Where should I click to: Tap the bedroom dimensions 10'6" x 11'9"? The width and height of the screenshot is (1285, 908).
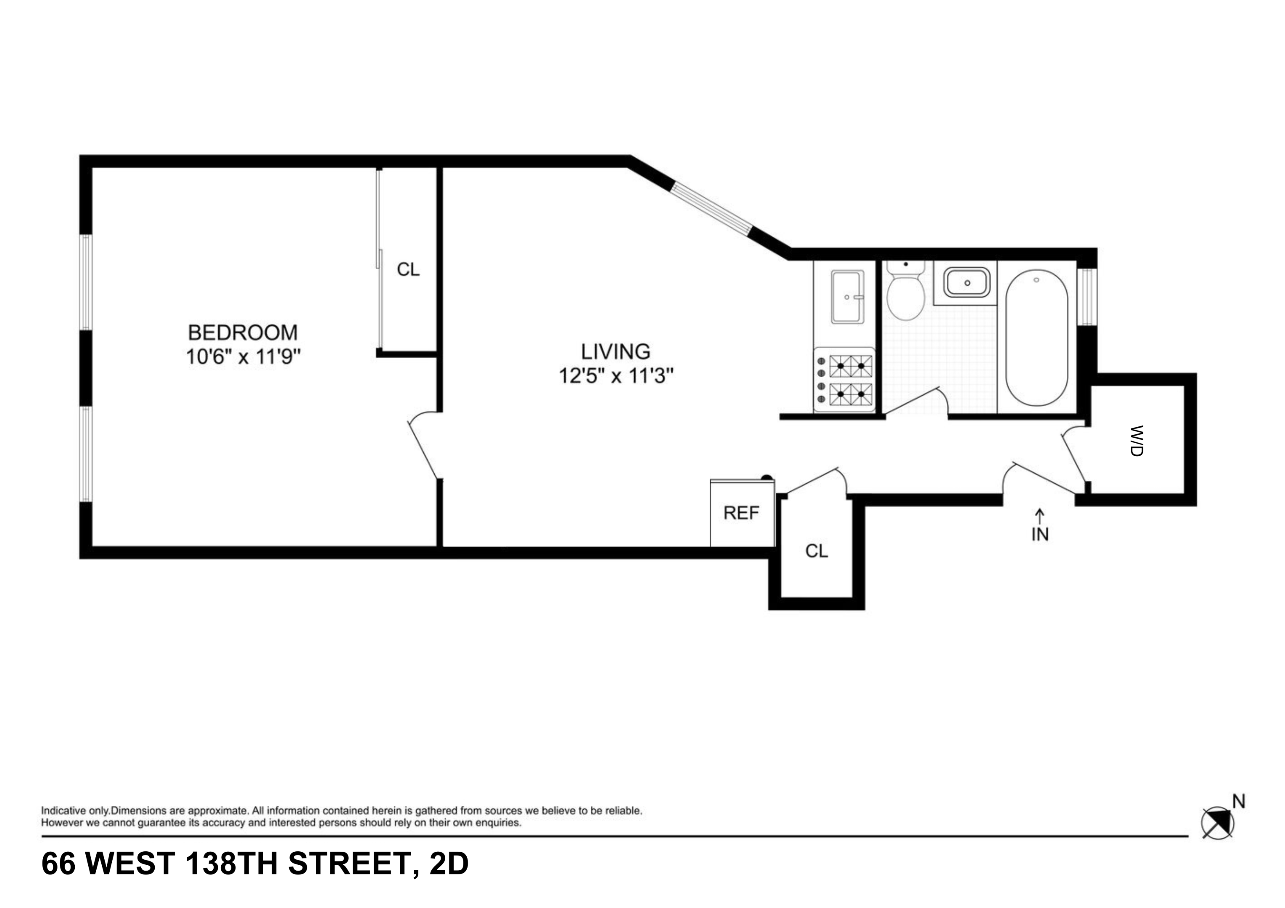243,356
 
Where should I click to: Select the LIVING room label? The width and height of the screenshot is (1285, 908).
615,351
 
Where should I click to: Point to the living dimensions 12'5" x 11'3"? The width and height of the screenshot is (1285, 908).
616,375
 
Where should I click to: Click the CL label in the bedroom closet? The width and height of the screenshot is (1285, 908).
408,269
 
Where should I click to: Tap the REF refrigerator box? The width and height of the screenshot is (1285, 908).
742,512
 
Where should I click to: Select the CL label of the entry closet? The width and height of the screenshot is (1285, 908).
817,551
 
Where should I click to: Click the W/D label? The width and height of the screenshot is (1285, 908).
1137,441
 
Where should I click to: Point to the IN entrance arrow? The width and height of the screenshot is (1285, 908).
1040,526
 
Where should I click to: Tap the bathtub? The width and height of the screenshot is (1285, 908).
1036,338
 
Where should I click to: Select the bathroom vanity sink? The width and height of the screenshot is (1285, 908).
967,282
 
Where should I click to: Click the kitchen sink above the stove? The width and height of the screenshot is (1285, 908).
847,297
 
